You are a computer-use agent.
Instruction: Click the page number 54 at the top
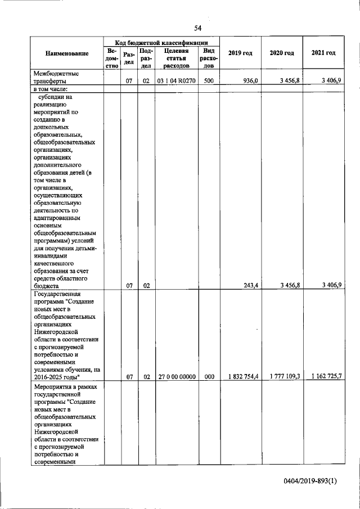pos(197,28)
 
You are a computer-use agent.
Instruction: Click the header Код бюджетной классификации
pos(161,42)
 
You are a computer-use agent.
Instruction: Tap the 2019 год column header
pos(240,53)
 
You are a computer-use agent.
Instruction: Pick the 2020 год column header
pos(282,53)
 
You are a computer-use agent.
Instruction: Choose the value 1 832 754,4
pos(240,377)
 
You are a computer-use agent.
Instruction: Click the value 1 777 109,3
pos(282,377)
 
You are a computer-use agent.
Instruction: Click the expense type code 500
pos(209,81)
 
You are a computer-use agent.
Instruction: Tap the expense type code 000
pos(209,377)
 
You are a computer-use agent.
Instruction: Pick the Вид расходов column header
pos(209,58)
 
